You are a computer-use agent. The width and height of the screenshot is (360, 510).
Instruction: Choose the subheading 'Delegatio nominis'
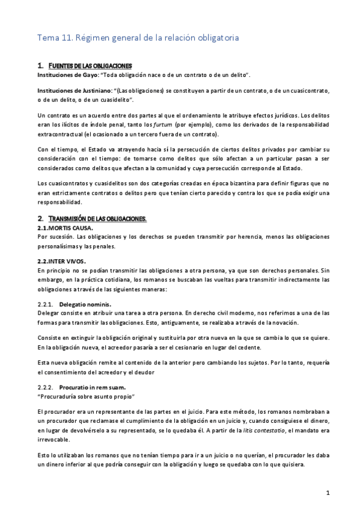click(85, 304)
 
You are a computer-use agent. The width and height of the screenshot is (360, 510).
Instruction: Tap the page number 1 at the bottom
click(328, 493)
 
